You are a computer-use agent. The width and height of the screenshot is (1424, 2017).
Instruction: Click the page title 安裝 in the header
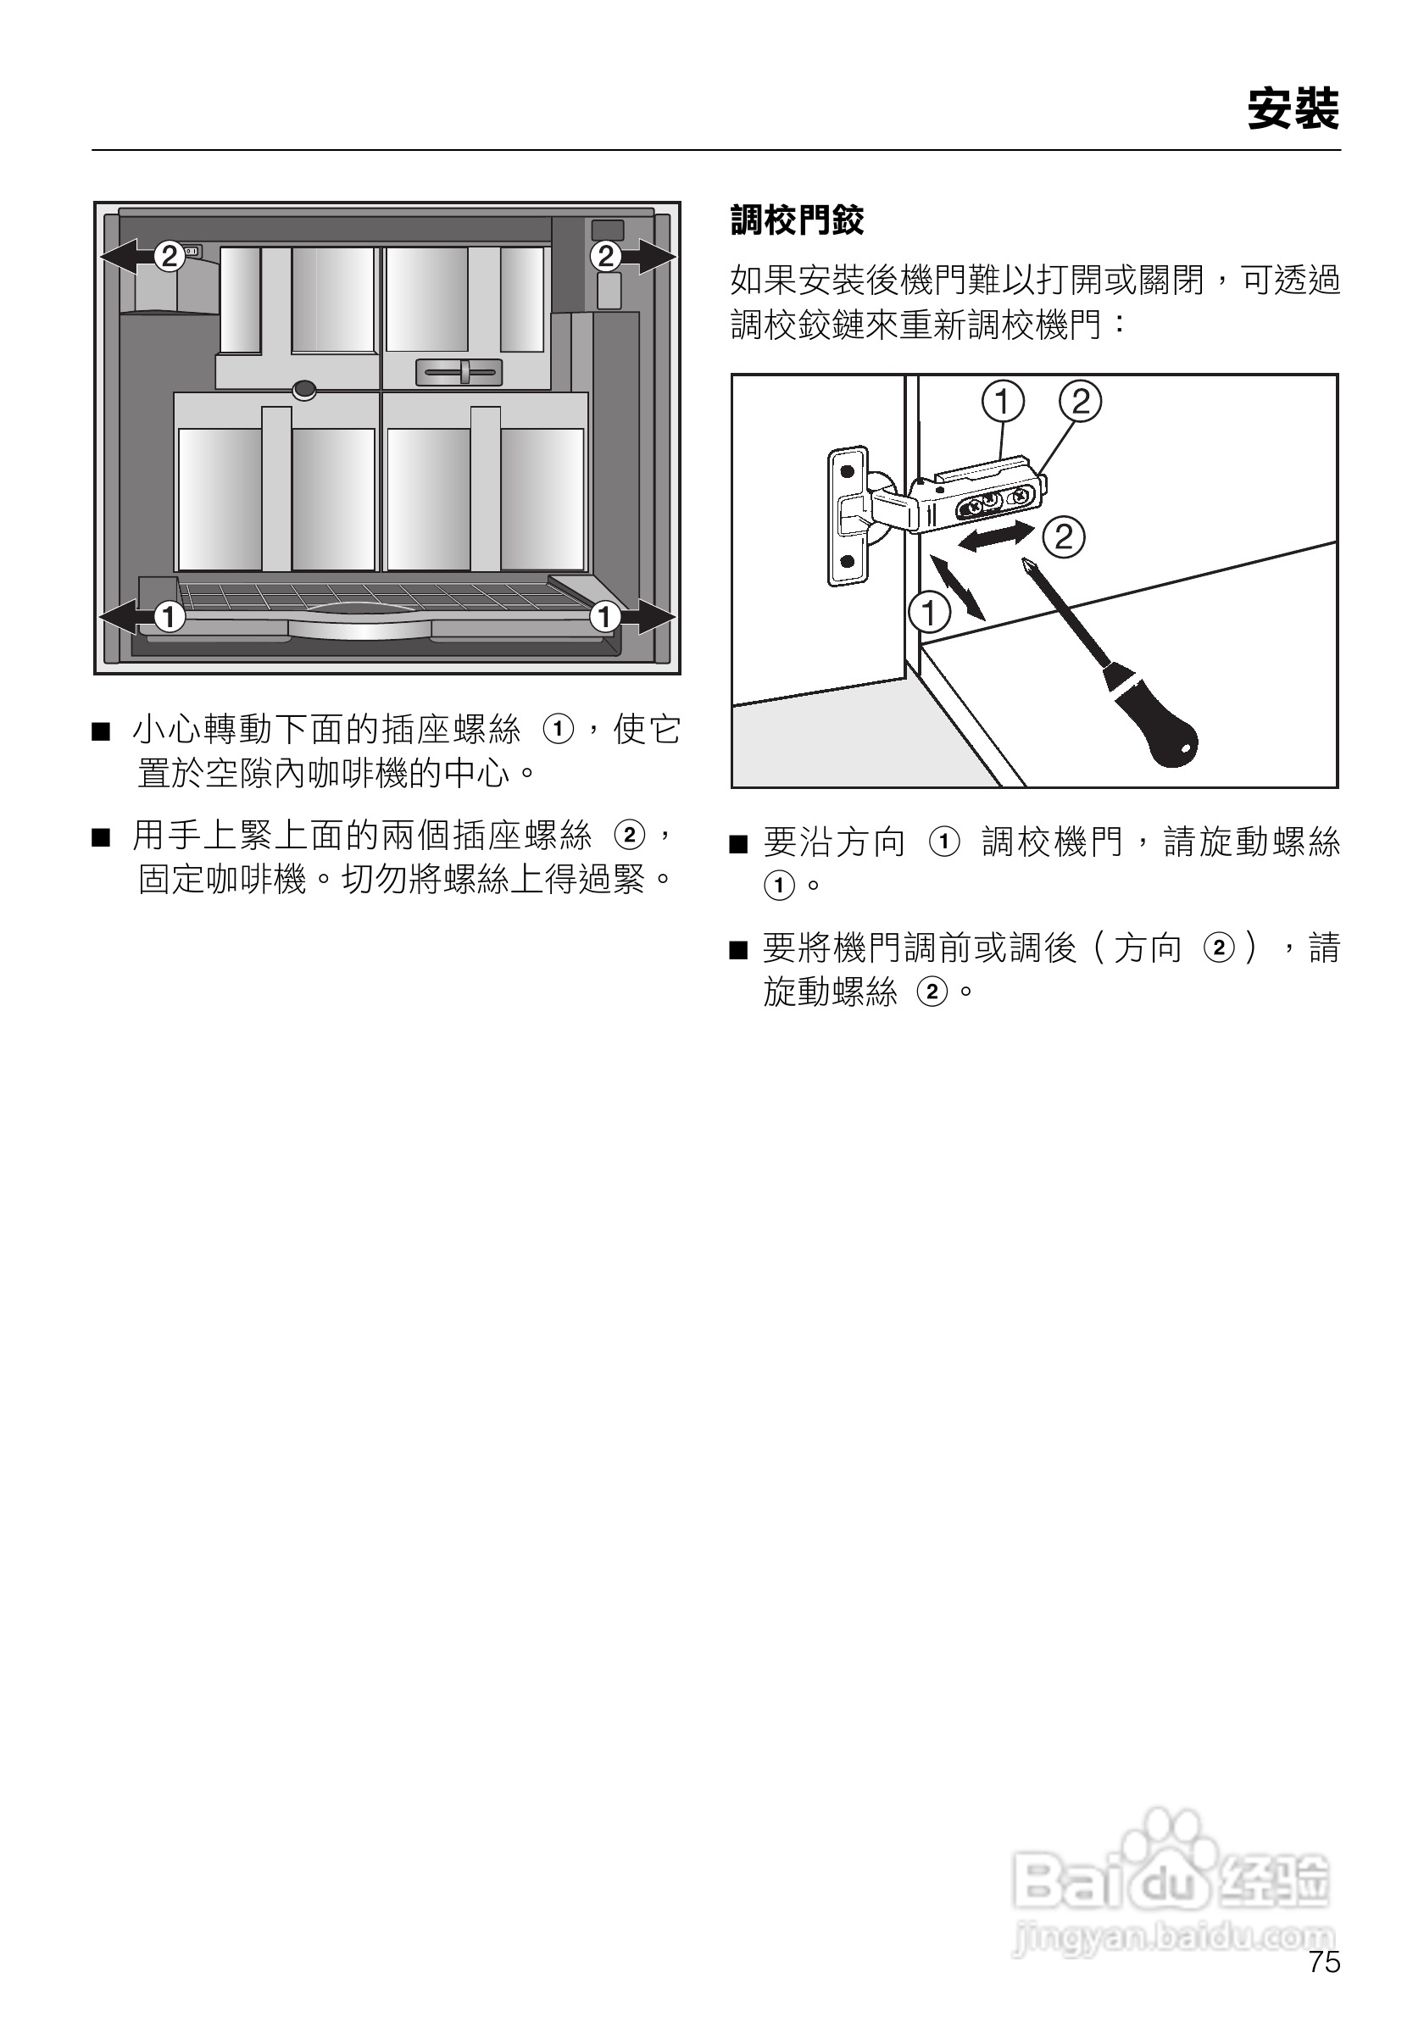(1293, 110)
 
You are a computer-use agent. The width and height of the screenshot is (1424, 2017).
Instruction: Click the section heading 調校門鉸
(797, 219)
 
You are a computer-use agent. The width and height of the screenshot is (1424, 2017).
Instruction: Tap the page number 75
(1324, 1986)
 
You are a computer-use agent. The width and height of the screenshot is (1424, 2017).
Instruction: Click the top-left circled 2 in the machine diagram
(169, 257)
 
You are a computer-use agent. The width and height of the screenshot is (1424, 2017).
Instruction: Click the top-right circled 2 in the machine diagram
(605, 257)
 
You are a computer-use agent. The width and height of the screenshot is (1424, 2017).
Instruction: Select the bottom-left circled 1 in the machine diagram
(169, 618)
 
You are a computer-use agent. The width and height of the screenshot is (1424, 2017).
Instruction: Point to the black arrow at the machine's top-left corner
(123, 257)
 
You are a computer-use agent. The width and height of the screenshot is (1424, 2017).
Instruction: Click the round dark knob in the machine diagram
(305, 389)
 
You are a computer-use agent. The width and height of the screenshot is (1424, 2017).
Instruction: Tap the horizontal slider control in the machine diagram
(459, 373)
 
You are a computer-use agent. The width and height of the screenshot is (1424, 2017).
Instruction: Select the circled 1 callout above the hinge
(1003, 402)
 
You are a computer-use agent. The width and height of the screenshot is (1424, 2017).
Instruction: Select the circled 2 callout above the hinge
(1081, 402)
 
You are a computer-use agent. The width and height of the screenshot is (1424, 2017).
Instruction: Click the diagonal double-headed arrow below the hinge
(958, 586)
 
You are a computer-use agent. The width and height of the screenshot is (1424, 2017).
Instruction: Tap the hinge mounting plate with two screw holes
(848, 515)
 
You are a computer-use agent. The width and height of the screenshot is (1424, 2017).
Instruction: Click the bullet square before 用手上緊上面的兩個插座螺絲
(101, 837)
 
